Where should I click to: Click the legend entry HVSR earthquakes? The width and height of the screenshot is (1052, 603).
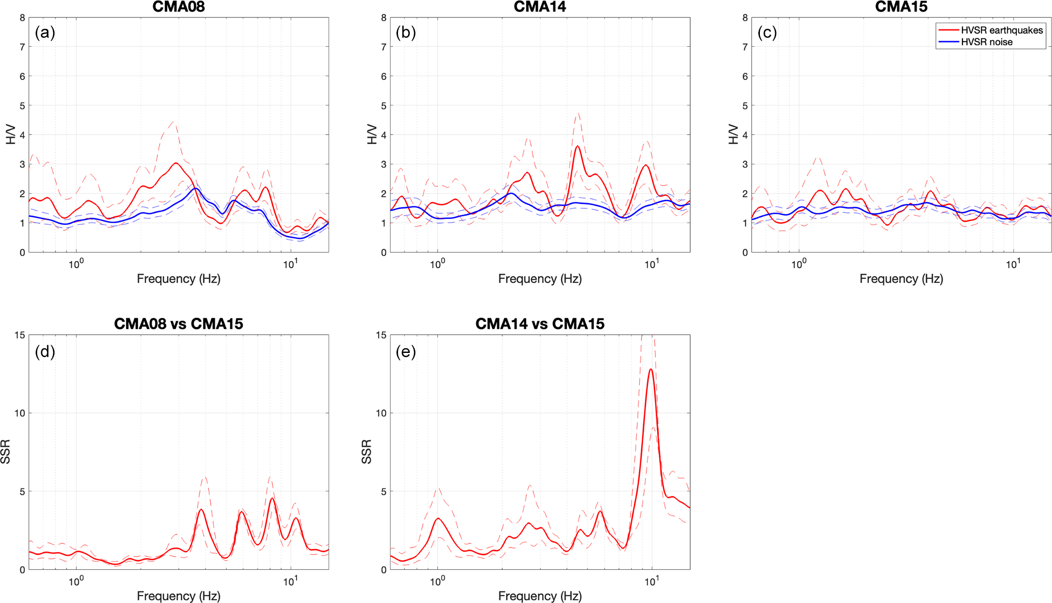[x=1001, y=31]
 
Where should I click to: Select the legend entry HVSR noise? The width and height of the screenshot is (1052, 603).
[x=986, y=42]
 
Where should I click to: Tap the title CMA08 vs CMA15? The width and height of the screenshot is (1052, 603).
[x=179, y=324]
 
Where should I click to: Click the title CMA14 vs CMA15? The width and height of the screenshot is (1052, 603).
[x=539, y=324]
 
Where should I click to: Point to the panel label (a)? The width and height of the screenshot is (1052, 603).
[x=45, y=33]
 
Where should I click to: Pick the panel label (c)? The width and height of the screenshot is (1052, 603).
[x=767, y=33]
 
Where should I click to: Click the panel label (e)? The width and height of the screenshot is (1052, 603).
[x=406, y=351]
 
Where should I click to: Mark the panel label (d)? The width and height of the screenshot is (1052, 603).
[x=45, y=351]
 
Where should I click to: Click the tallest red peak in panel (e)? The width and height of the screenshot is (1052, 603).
[x=650, y=369]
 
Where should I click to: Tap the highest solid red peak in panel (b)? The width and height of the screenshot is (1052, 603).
[x=578, y=146]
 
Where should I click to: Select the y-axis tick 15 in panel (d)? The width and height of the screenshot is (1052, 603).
[x=19, y=335]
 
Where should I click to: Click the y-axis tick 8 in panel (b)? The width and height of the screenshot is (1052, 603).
[x=384, y=18]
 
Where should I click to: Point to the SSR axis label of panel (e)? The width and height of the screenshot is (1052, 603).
[x=366, y=452]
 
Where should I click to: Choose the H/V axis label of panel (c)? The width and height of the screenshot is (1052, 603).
[x=733, y=134]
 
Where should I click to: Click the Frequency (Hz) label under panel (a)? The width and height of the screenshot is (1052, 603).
[x=179, y=279]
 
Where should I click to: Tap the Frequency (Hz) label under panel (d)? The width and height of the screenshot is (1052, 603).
[x=179, y=596]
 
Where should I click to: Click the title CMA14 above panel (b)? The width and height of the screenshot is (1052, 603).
[x=539, y=7]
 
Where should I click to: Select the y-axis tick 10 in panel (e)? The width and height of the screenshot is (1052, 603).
[x=381, y=413]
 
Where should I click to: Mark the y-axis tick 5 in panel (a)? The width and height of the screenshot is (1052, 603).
[x=22, y=106]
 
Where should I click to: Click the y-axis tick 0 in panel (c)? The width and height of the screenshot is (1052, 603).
[x=745, y=253]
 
